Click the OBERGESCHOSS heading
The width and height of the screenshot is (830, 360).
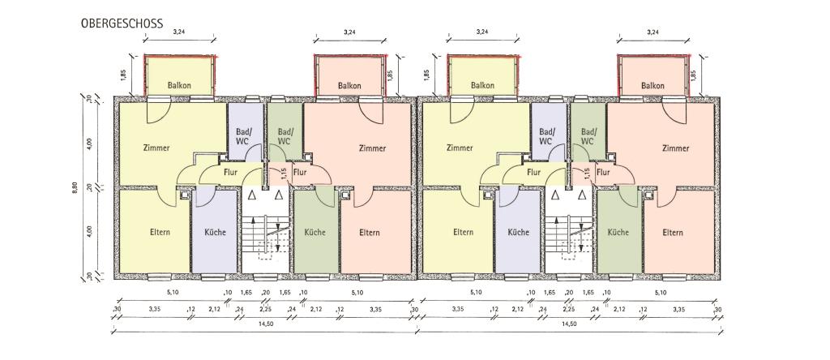click(x=122, y=24)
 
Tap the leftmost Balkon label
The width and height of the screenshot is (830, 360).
click(x=179, y=85)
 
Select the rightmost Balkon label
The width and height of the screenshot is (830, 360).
click(x=652, y=85)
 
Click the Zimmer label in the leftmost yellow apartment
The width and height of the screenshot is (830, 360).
click(x=156, y=148)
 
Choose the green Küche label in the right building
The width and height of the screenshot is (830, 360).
click(x=618, y=233)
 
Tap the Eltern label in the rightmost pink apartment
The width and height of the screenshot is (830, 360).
click(x=673, y=233)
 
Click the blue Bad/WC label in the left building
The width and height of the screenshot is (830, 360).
click(x=245, y=136)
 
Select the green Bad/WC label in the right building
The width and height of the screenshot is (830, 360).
click(x=587, y=136)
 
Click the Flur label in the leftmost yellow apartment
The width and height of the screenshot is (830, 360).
click(x=230, y=172)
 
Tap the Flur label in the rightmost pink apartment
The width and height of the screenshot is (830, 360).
click(x=603, y=172)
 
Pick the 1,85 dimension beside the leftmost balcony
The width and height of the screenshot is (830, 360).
click(x=123, y=76)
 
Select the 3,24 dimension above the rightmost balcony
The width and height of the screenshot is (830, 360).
click(x=653, y=32)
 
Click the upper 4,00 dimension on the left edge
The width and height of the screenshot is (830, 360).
click(x=90, y=144)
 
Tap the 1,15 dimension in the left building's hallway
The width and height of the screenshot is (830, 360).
click(x=284, y=174)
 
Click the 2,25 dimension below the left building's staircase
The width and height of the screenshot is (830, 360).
click(x=265, y=309)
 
